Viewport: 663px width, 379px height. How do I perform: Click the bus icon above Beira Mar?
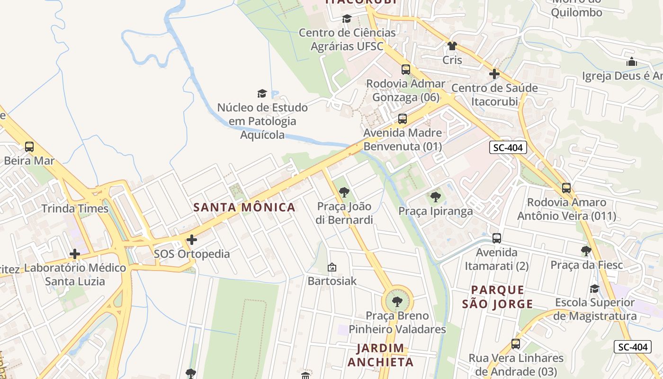pos(29,147)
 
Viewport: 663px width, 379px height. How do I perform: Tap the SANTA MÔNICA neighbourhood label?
pos(244,208)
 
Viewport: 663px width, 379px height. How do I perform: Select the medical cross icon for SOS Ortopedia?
pos(192,240)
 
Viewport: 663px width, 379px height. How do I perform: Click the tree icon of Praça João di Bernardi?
pos(344,192)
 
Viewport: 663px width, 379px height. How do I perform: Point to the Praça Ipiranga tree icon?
pos(435,197)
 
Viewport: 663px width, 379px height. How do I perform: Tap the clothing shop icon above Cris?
pos(452,46)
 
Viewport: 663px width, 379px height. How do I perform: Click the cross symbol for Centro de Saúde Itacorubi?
pos(494,74)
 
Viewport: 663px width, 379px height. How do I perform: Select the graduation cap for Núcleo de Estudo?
pos(262,93)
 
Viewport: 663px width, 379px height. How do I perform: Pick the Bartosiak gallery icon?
pos(332,267)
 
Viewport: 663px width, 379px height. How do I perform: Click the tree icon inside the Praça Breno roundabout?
pos(397,301)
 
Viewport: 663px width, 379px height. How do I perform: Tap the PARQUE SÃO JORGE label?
pos(498,297)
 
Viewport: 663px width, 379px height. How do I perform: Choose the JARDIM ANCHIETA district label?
pos(381,355)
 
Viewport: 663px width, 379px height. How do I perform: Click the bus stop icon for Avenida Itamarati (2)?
pos(497,238)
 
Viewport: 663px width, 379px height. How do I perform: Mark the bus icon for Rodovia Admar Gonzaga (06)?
pos(406,70)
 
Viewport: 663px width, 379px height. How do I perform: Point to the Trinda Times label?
pos(75,209)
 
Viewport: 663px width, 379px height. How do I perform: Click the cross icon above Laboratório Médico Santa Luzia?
pos(75,254)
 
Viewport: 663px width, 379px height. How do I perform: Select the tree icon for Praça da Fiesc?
pos(586,251)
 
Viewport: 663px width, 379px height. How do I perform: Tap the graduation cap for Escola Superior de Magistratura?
pos(594,289)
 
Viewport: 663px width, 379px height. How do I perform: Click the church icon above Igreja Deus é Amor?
pos(632,62)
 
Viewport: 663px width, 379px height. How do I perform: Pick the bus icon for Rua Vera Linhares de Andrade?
pos(516,344)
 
